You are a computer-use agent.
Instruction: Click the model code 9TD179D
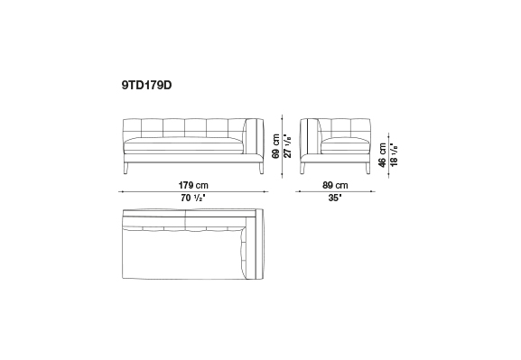pyautogui.click(x=146, y=86)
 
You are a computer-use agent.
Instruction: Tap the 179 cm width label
pyautogui.click(x=193, y=185)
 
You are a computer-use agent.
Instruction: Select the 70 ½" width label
pyautogui.click(x=193, y=198)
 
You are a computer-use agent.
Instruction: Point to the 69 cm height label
pyautogui.click(x=275, y=146)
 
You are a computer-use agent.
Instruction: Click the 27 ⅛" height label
pyautogui.click(x=288, y=145)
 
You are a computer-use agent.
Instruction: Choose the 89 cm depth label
pyautogui.click(x=335, y=185)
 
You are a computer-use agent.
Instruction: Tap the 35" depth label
pyautogui.click(x=335, y=198)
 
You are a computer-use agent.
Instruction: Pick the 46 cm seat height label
pyautogui.click(x=383, y=155)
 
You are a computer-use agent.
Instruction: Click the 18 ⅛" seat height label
pyautogui.click(x=394, y=155)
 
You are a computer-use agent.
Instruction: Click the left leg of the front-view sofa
pyautogui.click(x=126, y=169)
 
